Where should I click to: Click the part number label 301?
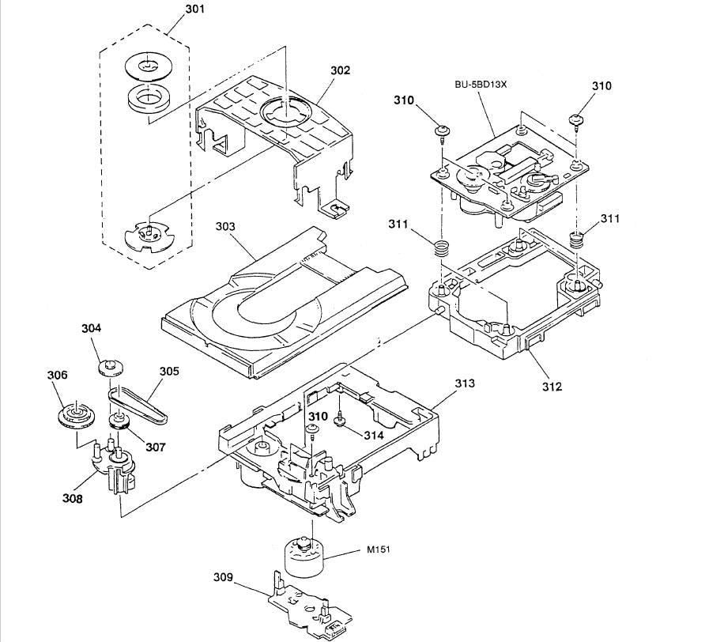(194, 10)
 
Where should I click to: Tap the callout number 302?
(340, 70)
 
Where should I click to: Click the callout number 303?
(226, 226)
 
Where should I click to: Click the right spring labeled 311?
(578, 238)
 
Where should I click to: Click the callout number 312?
(552, 386)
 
